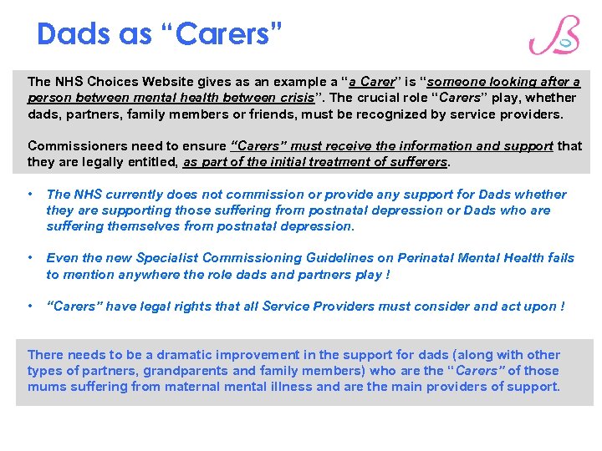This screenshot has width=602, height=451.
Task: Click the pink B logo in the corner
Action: click(554, 36)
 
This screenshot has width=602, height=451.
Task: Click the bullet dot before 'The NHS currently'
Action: click(30, 194)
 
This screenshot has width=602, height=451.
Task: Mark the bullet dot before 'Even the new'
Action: click(30, 257)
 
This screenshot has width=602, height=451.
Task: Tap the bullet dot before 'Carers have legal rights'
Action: click(30, 306)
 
